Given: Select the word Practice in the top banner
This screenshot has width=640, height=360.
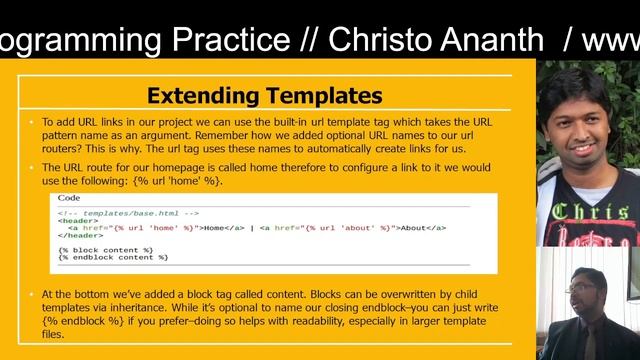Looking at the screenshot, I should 199,40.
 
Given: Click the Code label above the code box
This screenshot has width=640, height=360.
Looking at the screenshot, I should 69,198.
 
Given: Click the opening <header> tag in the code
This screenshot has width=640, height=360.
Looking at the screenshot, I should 75,220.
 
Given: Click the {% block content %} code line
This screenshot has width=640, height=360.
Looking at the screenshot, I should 105,249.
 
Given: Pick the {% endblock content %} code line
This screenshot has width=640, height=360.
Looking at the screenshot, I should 113,257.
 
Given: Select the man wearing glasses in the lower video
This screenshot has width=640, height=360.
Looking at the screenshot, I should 584,300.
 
